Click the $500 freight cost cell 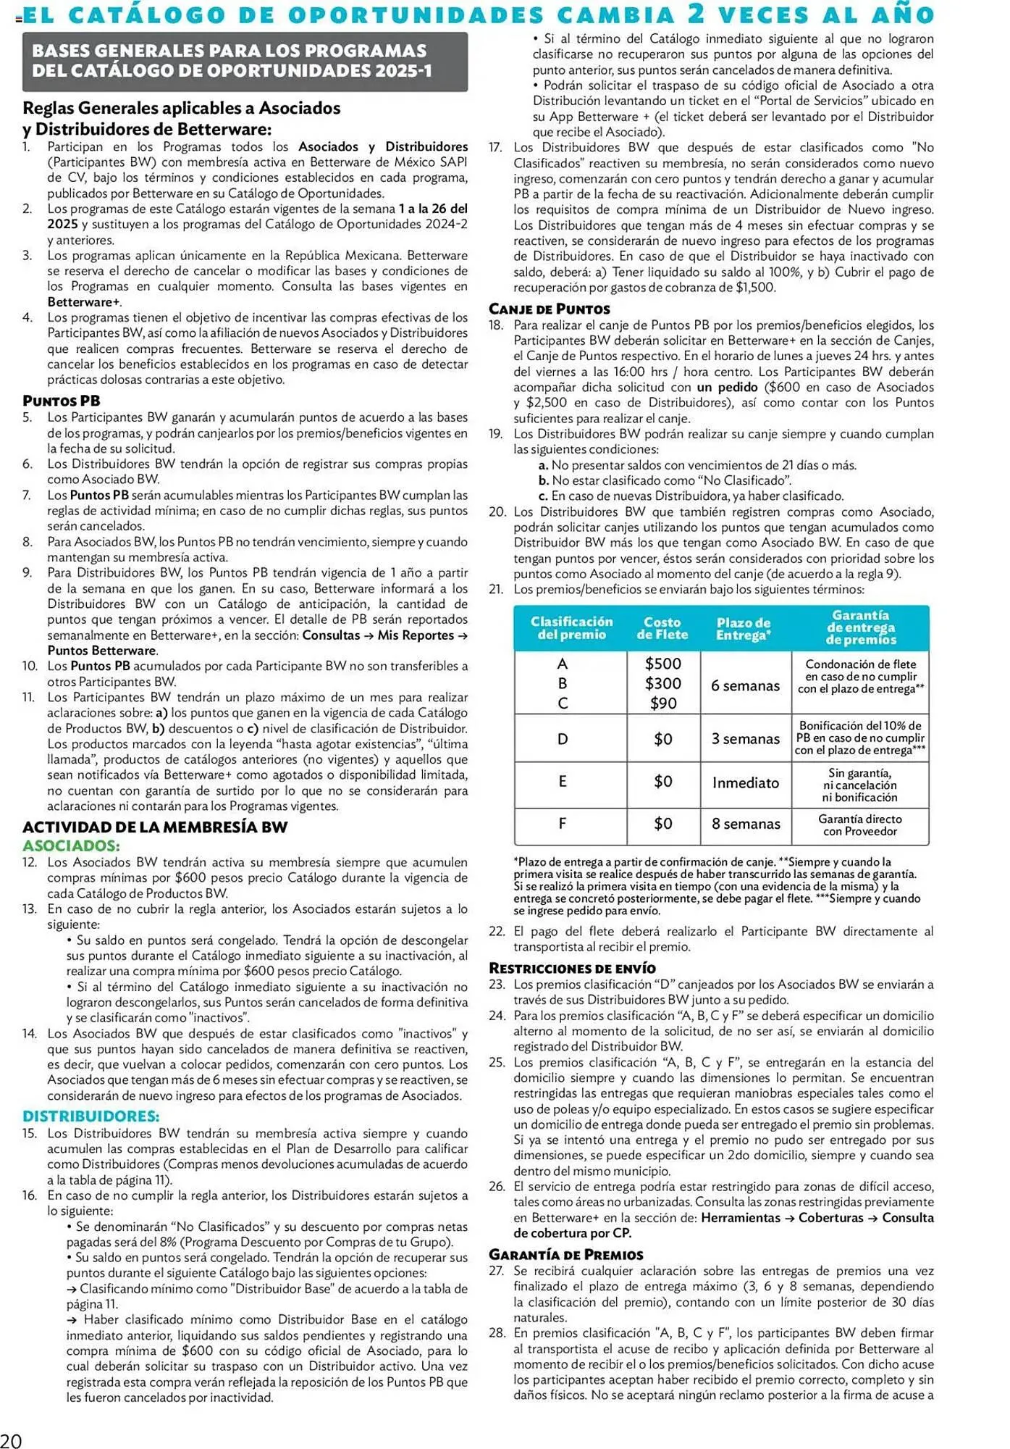click(663, 664)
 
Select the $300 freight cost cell click(663, 683)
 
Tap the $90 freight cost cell click(663, 703)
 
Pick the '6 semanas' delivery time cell click(745, 685)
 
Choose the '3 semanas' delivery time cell click(745, 739)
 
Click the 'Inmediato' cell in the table click(745, 782)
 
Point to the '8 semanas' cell click(745, 824)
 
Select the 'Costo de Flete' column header click(662, 628)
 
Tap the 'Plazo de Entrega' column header click(744, 628)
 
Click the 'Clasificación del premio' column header click(571, 628)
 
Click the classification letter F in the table click(563, 824)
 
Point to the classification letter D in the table click(563, 739)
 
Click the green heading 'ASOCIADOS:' click(71, 845)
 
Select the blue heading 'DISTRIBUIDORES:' click(91, 1116)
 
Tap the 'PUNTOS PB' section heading click(62, 401)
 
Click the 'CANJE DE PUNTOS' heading click(549, 309)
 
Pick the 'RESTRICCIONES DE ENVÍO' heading click(572, 968)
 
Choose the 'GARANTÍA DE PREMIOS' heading click(565, 1255)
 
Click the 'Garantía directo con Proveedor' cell click(860, 825)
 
